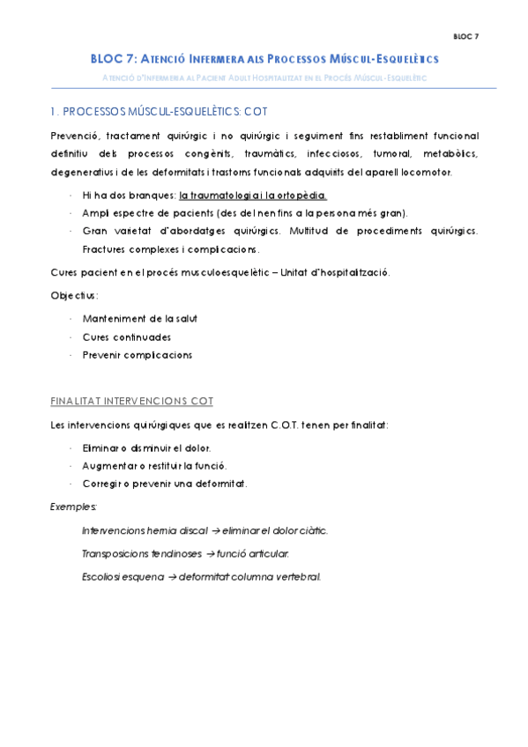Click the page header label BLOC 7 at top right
[466, 36]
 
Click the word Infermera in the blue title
[210, 59]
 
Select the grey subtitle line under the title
[264, 78]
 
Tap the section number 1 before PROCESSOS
[53, 112]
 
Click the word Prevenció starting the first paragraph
[74, 137]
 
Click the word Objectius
[74, 295]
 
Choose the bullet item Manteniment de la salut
[139, 318]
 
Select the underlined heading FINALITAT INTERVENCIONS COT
[131, 401]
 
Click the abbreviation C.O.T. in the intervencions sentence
[288, 425]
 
